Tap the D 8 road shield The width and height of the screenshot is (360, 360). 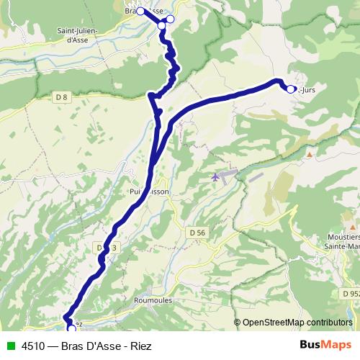click(60, 95)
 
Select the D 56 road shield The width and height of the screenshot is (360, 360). click(199, 233)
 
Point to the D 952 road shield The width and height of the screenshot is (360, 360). click(351, 294)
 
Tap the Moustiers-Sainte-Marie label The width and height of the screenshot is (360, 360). click(342, 241)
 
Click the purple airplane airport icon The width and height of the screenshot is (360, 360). click(217, 176)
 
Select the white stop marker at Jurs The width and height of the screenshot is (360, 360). click(290, 89)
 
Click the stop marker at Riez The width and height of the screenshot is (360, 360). click(71, 328)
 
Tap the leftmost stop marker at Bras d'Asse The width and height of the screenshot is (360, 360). click(141, 11)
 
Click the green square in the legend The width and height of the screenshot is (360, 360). click(10, 345)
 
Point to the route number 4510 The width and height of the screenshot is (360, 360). click(35, 345)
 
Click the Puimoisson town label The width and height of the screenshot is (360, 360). click(150, 192)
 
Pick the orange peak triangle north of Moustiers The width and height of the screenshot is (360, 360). click(309, 154)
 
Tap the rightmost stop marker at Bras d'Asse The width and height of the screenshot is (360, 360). click(170, 19)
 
